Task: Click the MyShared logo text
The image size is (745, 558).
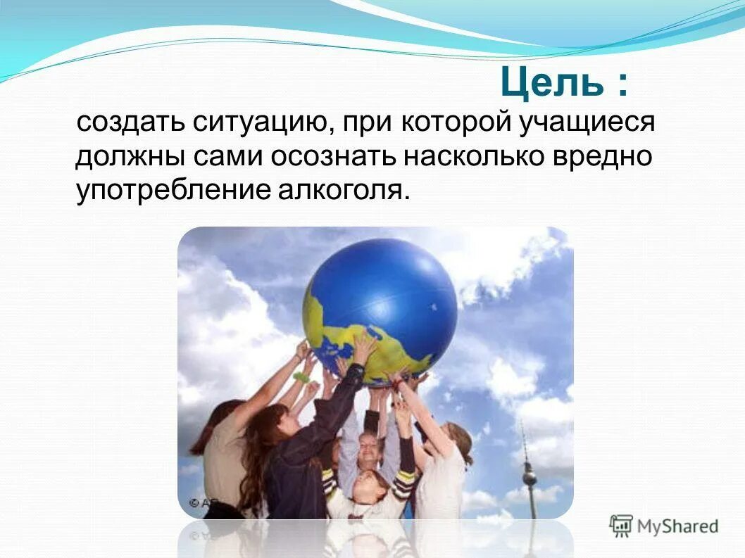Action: coord(677,526)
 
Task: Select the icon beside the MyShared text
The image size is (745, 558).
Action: coord(621,526)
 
